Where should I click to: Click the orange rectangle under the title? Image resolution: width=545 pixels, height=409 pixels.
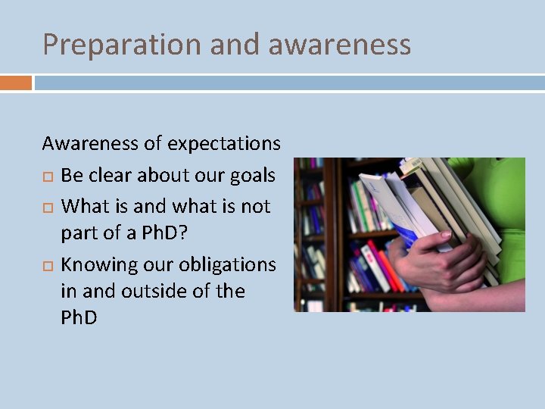15,83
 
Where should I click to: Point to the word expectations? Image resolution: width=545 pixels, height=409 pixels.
224,143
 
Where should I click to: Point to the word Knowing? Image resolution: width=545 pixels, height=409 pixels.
96,265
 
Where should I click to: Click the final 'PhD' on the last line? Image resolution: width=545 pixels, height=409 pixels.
79,317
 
